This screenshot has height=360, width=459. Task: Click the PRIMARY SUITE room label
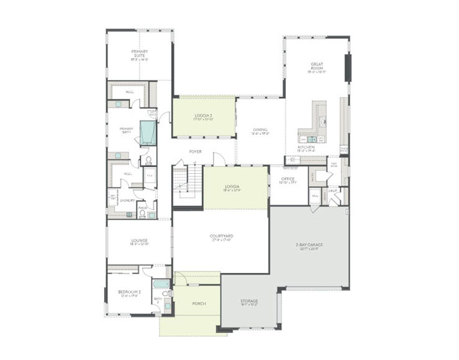tap(139, 53)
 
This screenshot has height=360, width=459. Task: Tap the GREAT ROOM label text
tap(317, 66)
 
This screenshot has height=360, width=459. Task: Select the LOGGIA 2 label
tap(204, 115)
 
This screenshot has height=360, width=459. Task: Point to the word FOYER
tap(195, 151)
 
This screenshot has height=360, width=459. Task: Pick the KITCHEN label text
tap(306, 147)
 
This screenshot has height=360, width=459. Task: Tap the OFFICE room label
tap(288, 179)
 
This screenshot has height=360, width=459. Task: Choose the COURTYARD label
tap(221, 236)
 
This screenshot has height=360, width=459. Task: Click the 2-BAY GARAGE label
tap(309, 245)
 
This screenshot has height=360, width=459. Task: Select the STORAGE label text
tap(249, 301)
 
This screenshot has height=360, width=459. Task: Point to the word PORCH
tap(199, 304)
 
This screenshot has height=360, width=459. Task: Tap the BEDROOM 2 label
tap(129, 292)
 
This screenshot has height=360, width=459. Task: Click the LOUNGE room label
tap(139, 241)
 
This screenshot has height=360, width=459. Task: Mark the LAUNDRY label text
tap(127, 200)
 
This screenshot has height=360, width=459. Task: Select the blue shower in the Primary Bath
tap(148, 133)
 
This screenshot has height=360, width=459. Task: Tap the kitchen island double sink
tap(312, 139)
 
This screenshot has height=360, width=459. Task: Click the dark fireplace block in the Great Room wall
tap(348, 68)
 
